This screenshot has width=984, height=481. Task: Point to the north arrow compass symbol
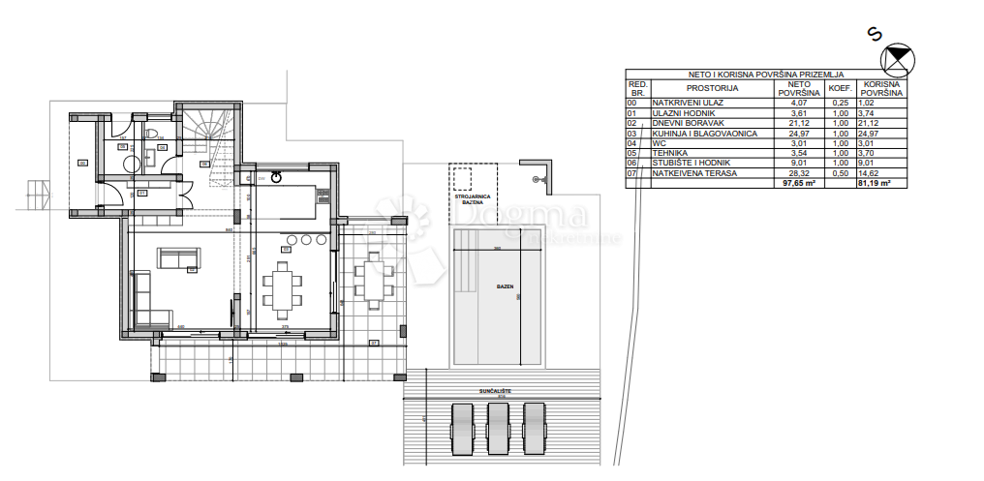[900, 60]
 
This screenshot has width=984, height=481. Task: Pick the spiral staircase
[206, 126]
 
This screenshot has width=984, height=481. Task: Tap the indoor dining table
[285, 286]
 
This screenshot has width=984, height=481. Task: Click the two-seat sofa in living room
[179, 258]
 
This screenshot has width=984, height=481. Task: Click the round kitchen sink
[276, 177]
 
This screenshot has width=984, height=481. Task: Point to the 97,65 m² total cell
[799, 182]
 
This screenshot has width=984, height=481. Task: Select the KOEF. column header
[840, 88]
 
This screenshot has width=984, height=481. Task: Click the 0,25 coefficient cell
[840, 103]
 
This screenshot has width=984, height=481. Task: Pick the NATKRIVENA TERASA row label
[694, 173]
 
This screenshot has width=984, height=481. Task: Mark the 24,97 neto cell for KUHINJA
[798, 134]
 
